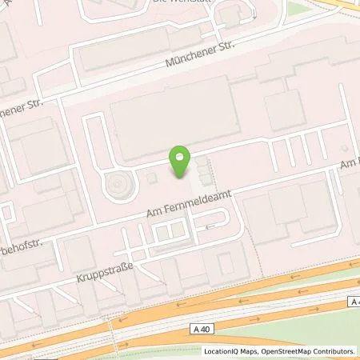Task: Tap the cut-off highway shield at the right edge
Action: (354, 301)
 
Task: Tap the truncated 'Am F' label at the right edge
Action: (349, 163)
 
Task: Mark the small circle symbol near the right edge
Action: (345, 149)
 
